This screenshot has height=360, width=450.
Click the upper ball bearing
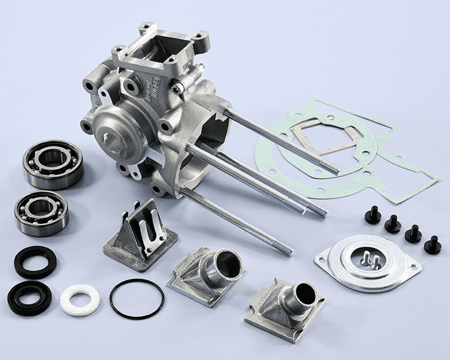click(x=53, y=165)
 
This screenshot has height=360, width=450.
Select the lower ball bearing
click(x=42, y=213)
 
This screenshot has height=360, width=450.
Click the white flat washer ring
click(x=80, y=300)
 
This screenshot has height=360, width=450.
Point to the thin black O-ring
click(x=136, y=299)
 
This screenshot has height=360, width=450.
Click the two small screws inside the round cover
click(x=370, y=259)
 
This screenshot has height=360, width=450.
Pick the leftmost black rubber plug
click(x=373, y=215)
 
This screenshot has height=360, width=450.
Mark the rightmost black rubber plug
click(x=433, y=245)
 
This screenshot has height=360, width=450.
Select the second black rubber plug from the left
click(x=393, y=224)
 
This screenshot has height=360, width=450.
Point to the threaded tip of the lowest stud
click(x=283, y=248)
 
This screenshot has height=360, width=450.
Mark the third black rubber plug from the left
click(x=413, y=234)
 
